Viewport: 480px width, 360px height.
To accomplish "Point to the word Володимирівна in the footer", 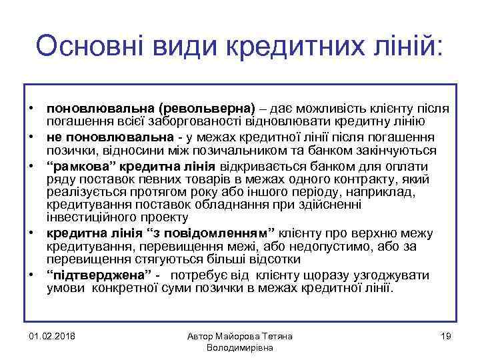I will coord(240,348).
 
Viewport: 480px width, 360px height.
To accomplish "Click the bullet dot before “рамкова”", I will coord(31,166).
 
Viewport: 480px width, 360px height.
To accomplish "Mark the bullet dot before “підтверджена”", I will coord(31,275).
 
